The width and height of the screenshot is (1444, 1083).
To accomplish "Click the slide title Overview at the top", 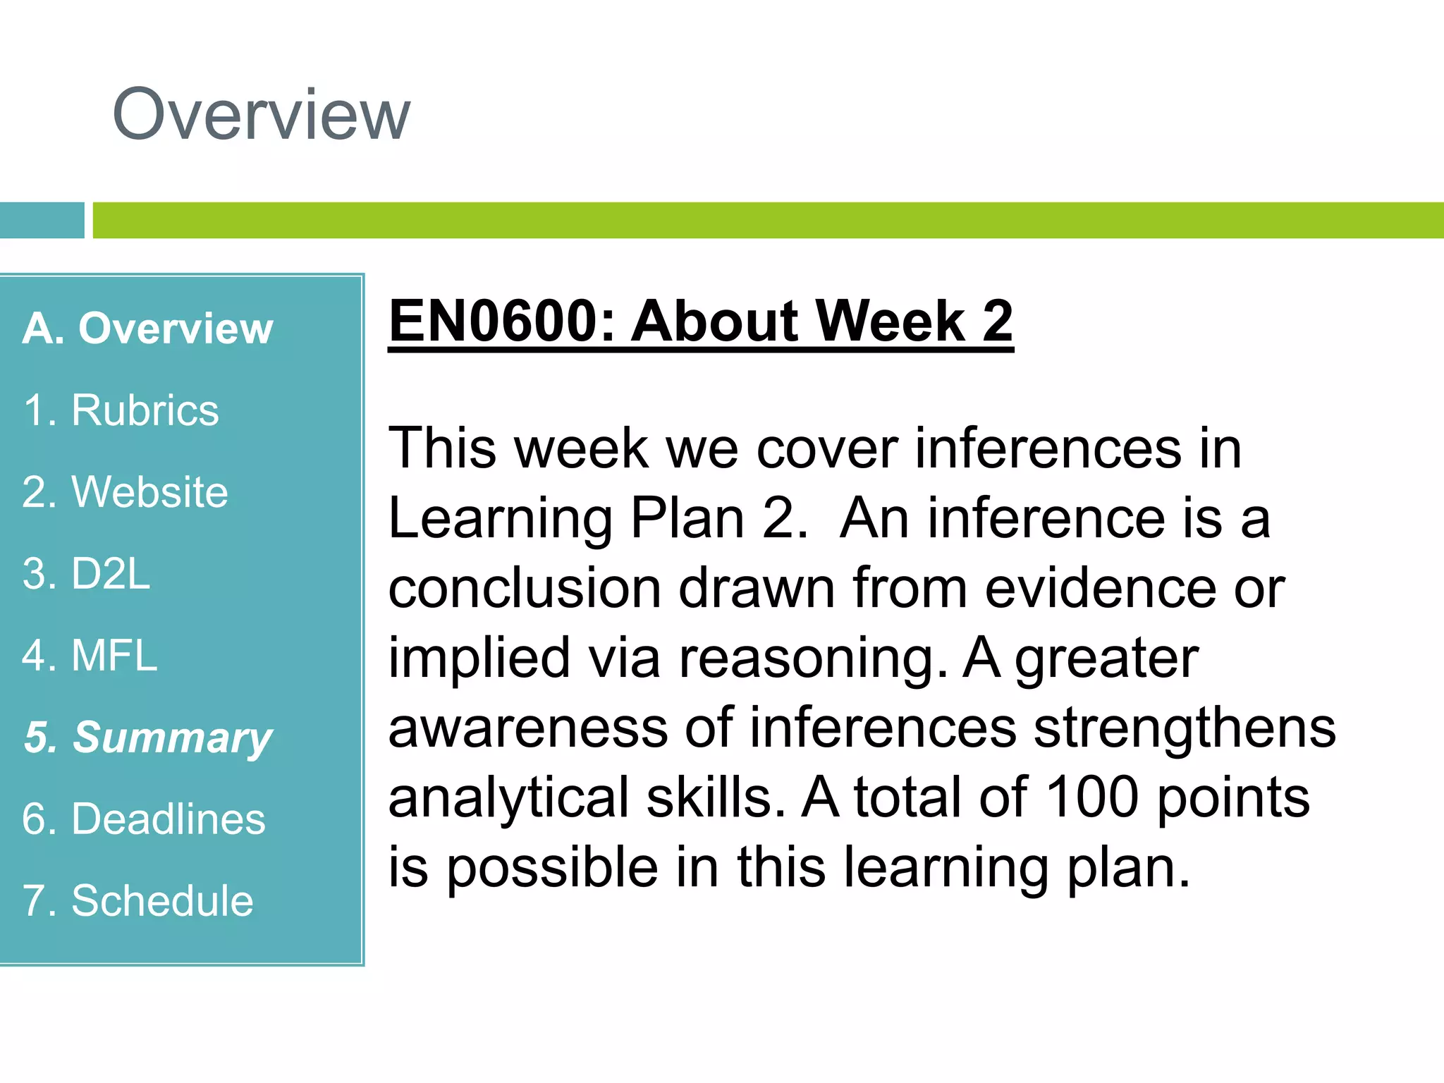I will point(261,115).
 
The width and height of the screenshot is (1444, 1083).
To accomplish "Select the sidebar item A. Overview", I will point(147,329).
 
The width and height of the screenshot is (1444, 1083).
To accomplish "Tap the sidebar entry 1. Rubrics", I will point(121,410).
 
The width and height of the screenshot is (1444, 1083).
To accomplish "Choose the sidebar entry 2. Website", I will point(125,492).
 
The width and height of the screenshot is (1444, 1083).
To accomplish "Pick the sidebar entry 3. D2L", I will point(86,574).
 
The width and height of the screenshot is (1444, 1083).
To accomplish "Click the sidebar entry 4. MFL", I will point(90,656).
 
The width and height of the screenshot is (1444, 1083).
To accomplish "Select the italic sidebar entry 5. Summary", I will point(147,738).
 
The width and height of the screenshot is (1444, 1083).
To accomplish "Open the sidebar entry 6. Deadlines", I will point(143,819).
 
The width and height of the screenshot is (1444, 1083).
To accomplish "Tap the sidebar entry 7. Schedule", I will point(137,901).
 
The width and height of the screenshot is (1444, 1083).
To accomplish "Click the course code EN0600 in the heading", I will point(493,322).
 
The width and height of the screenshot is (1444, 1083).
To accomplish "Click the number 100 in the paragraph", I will point(1092,797).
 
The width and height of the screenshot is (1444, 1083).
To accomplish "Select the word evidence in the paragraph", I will point(1100,588).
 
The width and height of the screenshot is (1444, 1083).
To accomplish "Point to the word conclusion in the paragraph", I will point(525,588).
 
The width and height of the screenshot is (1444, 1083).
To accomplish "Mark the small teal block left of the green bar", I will point(42,221).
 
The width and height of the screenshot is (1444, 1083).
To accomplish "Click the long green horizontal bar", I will point(768,221).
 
